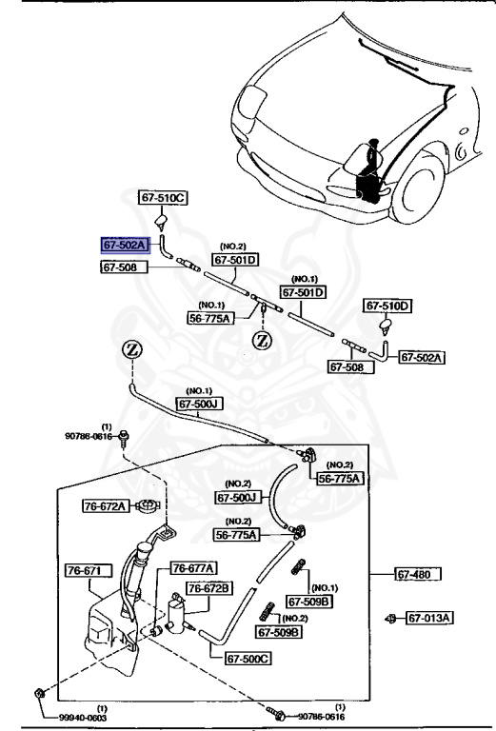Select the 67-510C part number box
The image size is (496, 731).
tap(164, 198)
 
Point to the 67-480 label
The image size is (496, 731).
tap(422, 574)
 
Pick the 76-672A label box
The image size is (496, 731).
tap(106, 506)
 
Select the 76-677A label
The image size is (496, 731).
tap(193, 568)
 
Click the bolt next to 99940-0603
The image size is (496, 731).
tap(37, 691)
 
